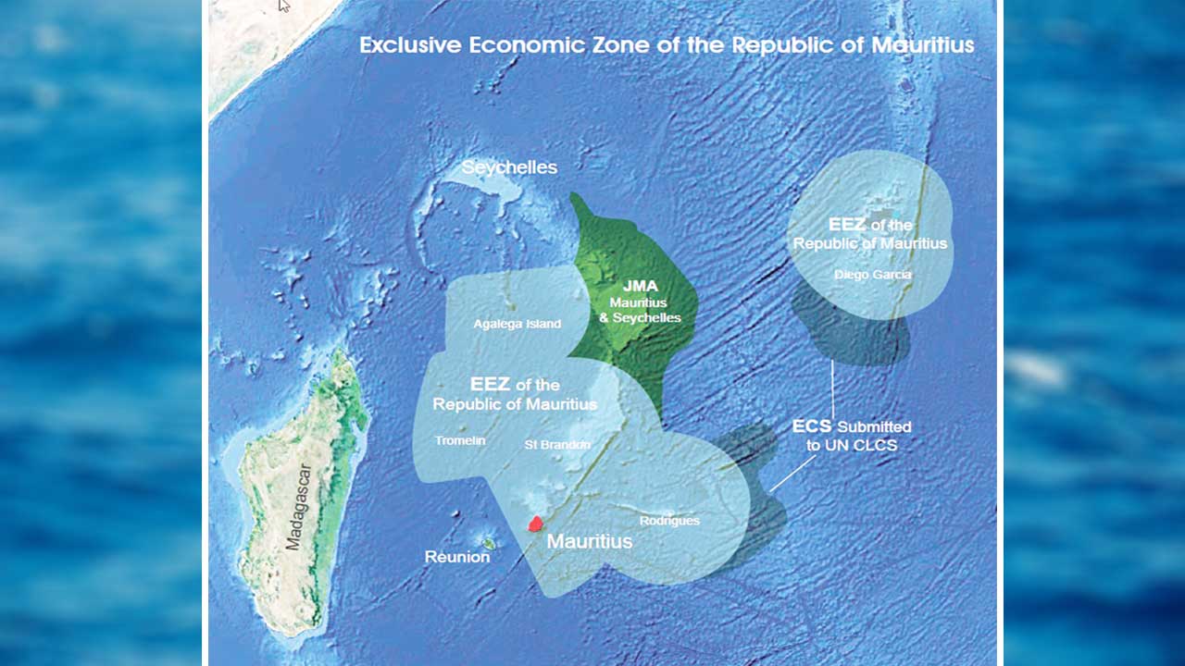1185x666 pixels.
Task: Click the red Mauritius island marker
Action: (534, 524)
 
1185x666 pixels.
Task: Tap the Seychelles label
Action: (509, 167)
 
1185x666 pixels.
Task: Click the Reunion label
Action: (456, 557)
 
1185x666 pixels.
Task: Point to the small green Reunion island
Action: (488, 543)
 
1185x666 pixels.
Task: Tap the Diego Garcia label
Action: (872, 275)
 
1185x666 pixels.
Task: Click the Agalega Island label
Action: (517, 324)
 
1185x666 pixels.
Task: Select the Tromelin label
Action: (460, 440)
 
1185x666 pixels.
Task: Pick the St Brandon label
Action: (557, 444)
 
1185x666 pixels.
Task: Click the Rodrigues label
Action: (669, 521)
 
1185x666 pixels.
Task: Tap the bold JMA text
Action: (640, 287)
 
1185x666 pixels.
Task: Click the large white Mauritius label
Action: (590, 541)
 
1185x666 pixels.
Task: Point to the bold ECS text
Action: (812, 426)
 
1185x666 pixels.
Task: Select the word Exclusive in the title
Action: (416, 44)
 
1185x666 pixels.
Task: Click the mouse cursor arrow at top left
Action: (284, 6)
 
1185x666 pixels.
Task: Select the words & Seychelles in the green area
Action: (640, 317)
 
